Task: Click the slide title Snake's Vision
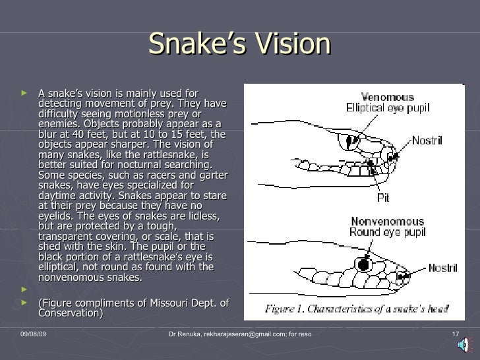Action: (x=239, y=44)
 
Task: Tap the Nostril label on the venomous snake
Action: (x=427, y=140)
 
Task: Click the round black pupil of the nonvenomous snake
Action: (x=361, y=264)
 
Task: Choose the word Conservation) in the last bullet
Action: (x=71, y=313)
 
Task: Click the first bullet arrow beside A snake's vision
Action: (x=25, y=94)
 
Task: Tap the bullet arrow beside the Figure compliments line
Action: (x=25, y=303)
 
